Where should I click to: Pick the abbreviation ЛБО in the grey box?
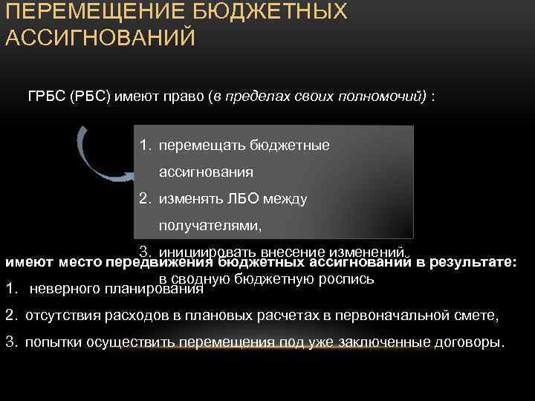[x=247, y=198]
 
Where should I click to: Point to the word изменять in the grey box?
[x=189, y=198]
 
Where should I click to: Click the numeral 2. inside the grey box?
[x=145, y=198]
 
